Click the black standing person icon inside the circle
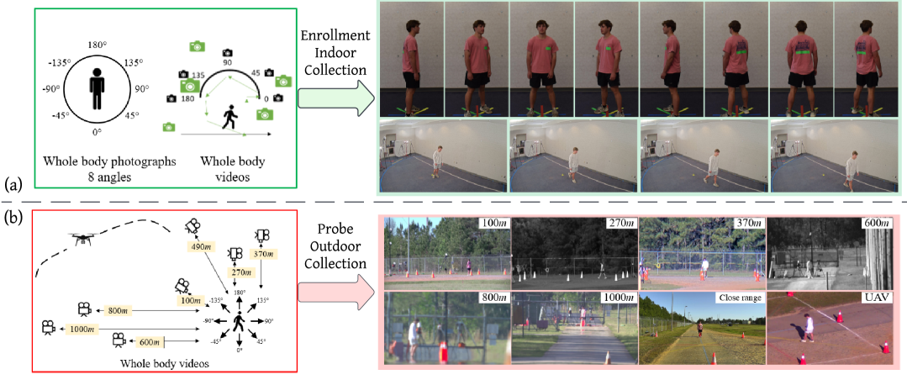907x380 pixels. pos(96,88)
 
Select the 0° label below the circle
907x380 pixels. pos(96,133)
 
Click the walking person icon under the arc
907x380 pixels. pos(228,119)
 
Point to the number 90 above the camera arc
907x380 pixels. pos(226,62)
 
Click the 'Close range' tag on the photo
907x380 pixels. pos(736,298)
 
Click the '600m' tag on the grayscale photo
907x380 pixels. pos(876,224)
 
